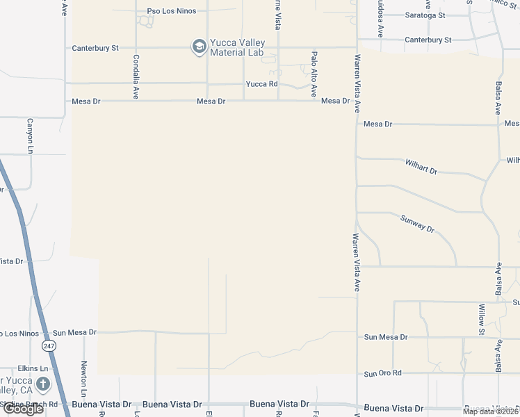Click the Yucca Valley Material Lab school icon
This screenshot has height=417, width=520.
(198, 47)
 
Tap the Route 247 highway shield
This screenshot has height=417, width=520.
(48, 345)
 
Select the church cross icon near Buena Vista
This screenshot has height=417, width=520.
(43, 384)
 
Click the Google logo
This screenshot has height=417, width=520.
(23, 409)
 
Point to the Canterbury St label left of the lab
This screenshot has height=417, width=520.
(96, 48)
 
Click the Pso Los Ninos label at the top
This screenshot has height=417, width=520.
(172, 11)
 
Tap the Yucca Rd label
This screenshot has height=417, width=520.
(261, 84)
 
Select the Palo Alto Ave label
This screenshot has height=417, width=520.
(314, 74)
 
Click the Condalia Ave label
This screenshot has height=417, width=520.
(136, 77)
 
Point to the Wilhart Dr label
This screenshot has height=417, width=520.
(421, 167)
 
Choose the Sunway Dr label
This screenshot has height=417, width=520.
(417, 223)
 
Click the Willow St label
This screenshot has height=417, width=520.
(481, 319)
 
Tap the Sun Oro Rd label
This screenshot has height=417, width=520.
(383, 373)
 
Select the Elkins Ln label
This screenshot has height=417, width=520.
(33, 368)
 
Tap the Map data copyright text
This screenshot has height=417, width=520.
(489, 411)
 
